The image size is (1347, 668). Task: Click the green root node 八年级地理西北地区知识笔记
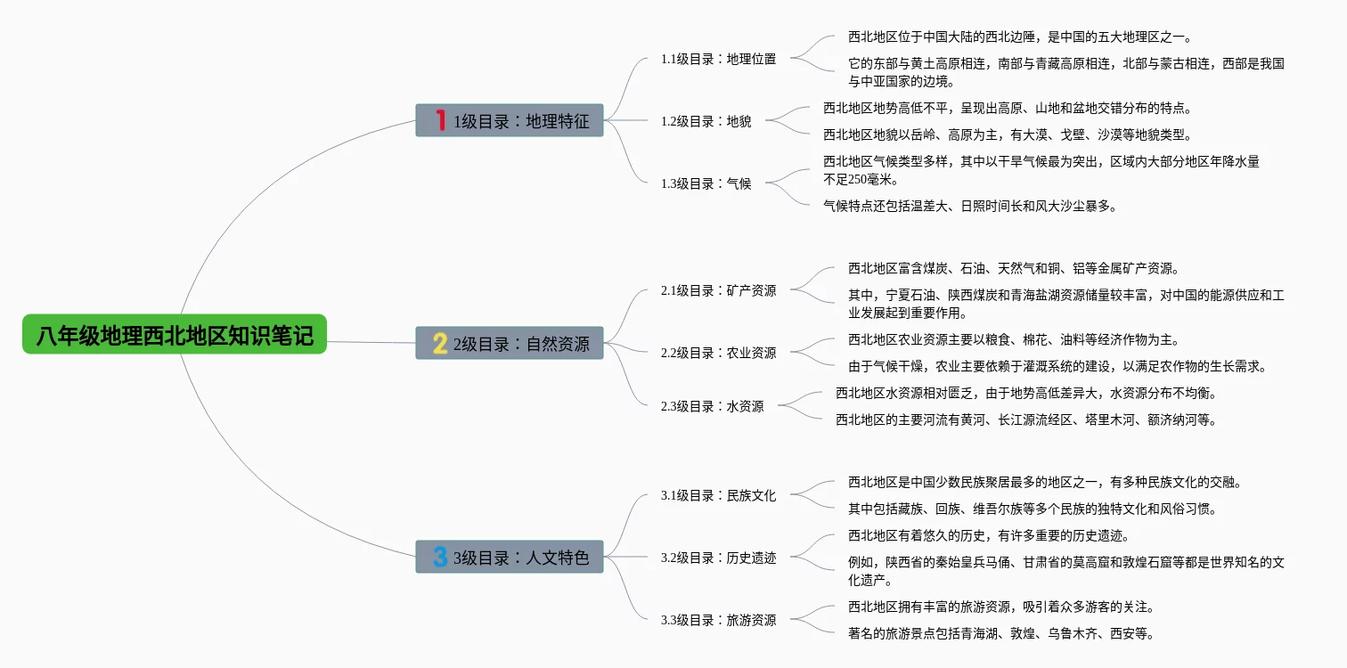175,335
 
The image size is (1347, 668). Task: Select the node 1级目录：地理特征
510,120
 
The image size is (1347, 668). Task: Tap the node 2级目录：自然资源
510,343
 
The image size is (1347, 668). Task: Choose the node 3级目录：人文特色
510,558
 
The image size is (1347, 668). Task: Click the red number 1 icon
439,120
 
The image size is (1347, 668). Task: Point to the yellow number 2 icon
439,343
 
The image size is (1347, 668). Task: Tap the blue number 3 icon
439,558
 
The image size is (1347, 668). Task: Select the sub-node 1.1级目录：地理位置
718,59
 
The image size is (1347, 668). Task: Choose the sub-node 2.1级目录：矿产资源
718,290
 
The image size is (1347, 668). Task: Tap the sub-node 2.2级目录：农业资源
718,353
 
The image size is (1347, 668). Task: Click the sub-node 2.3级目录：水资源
712,406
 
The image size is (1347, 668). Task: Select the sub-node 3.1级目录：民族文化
718,495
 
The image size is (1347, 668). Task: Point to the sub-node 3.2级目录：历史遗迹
718,558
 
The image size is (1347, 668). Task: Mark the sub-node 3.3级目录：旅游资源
718,620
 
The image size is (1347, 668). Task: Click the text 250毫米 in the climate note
869,179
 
